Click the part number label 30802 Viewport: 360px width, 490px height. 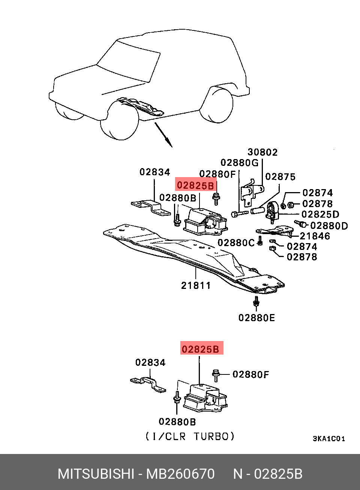(x=262, y=152)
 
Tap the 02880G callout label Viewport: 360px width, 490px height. (x=239, y=163)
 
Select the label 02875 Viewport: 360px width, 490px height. (x=280, y=177)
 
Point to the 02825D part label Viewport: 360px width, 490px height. (x=320, y=215)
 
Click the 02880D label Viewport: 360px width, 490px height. (x=329, y=226)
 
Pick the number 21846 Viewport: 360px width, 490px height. (x=315, y=236)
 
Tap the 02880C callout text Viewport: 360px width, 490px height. (x=236, y=243)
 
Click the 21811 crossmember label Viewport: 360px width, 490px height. (x=196, y=286)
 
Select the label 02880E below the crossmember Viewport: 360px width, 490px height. (x=256, y=318)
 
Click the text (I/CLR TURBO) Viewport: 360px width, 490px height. (x=190, y=436)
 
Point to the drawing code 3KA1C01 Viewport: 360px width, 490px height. (x=329, y=439)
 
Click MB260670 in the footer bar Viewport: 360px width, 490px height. (x=180, y=474)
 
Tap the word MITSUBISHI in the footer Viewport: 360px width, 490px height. (x=96, y=474)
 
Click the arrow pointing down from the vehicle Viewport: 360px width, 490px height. (x=164, y=134)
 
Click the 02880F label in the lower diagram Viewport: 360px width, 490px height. (x=250, y=374)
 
